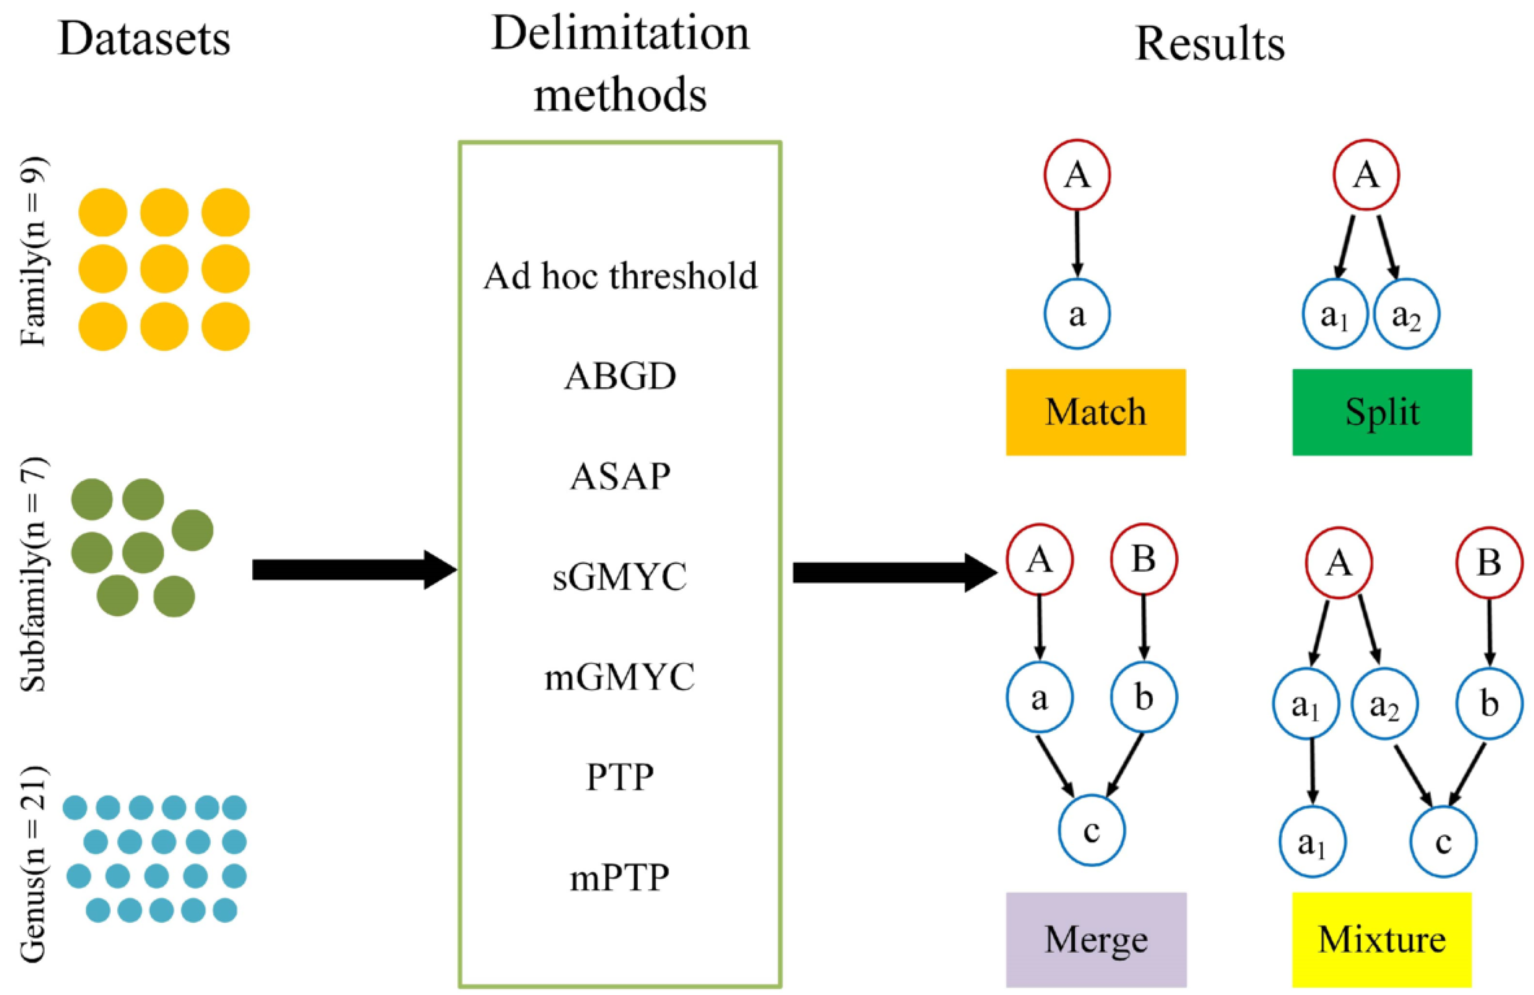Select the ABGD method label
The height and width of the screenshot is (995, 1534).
point(620,376)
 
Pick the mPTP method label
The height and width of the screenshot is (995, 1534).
point(620,877)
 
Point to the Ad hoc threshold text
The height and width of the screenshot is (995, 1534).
point(620,276)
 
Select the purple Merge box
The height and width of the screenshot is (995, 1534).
point(1096,940)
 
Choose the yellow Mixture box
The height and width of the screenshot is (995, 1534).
point(1381,940)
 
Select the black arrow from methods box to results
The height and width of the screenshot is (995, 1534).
point(893,572)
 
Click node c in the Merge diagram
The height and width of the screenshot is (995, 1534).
point(1092,831)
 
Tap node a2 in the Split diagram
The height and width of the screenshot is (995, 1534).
point(1406,314)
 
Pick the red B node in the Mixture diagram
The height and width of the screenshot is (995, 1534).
point(1489,564)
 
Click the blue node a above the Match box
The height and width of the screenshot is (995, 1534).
point(1077,314)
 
